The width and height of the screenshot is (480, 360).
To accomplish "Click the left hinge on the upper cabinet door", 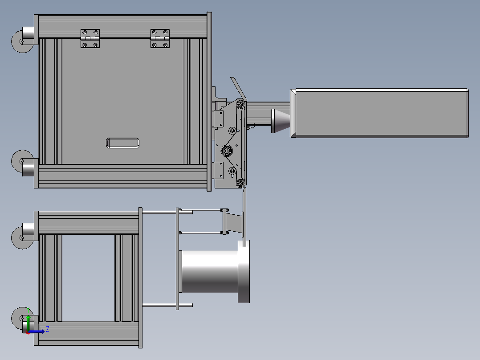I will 90,38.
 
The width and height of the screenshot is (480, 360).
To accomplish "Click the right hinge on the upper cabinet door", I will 160,38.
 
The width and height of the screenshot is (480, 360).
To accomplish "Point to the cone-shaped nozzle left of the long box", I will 280,121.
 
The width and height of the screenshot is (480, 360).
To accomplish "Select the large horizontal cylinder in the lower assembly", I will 209,271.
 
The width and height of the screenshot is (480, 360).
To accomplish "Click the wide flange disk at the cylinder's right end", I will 244,271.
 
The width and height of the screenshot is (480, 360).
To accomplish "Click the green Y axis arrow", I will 28,320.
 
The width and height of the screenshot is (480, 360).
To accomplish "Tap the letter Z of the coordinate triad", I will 47,329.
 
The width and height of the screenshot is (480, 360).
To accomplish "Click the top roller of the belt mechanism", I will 241,105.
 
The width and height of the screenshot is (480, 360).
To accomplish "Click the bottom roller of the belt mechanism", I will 241,183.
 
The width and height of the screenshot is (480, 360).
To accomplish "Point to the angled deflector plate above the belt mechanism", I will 238,88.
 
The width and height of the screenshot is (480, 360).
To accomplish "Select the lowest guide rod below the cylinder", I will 167,305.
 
